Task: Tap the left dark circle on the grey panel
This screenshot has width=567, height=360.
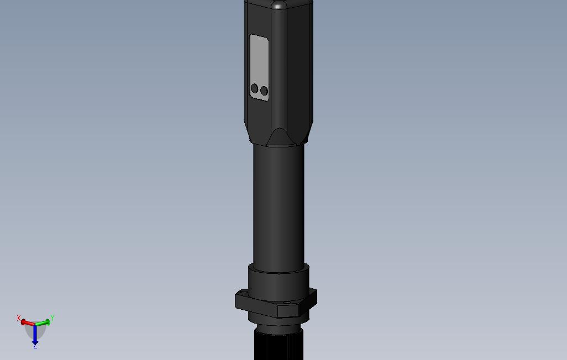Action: [x=254, y=88]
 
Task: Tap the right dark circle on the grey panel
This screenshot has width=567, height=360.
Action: [x=264, y=91]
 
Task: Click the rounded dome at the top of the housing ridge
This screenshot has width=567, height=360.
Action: [x=279, y=6]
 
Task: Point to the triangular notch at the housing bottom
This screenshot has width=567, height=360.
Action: [x=279, y=137]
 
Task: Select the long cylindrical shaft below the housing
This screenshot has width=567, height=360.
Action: [x=279, y=204]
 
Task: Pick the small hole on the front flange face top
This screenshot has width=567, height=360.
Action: [x=286, y=303]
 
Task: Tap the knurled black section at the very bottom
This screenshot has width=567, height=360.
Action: [x=279, y=345]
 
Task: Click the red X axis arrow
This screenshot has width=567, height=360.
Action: [x=27, y=322]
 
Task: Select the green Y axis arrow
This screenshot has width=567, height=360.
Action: [x=44, y=322]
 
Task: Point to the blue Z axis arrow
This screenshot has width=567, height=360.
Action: [x=35, y=334]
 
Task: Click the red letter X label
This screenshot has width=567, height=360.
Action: [x=19, y=319]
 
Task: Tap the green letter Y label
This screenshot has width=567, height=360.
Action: [x=52, y=318]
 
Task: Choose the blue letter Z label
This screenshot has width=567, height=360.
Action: [x=35, y=346]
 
